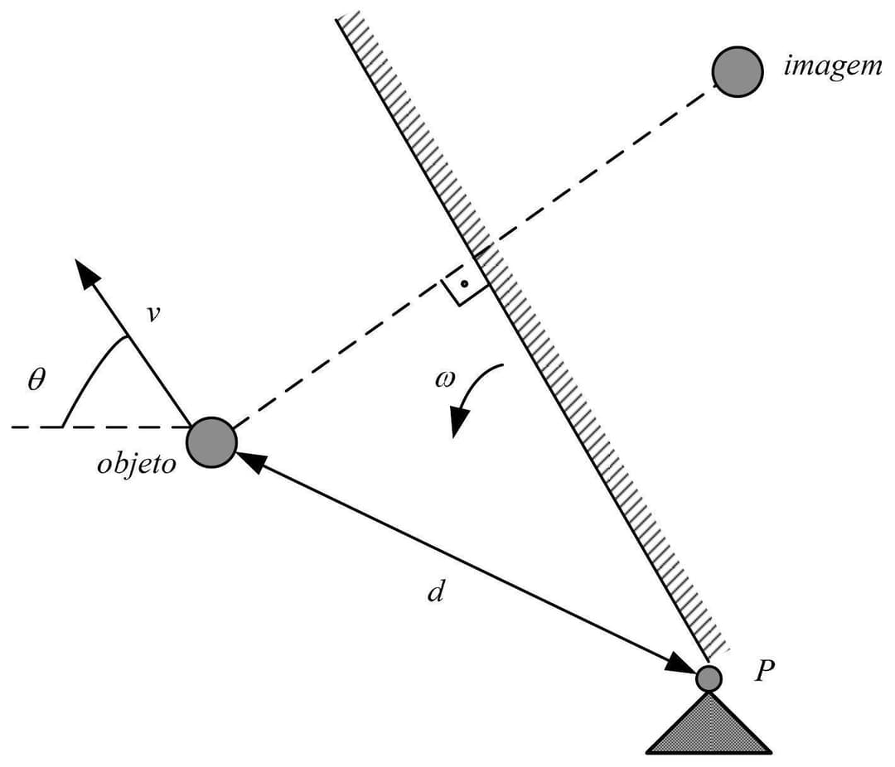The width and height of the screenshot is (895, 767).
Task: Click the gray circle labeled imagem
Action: (737, 72)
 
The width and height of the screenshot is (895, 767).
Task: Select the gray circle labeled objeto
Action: (212, 442)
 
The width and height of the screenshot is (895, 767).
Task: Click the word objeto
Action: (137, 464)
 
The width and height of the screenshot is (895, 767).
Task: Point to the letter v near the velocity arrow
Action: (152, 315)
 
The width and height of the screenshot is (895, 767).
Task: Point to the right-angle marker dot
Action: (465, 285)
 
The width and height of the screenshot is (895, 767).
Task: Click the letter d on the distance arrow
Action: (437, 591)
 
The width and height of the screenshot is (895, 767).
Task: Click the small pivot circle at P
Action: (709, 678)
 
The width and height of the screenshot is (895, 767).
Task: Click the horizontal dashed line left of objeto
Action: (99, 427)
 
